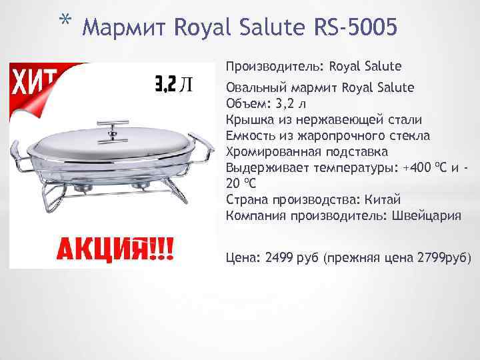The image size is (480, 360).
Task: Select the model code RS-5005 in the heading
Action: tap(356, 27)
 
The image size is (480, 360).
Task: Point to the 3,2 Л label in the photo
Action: tap(174, 83)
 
